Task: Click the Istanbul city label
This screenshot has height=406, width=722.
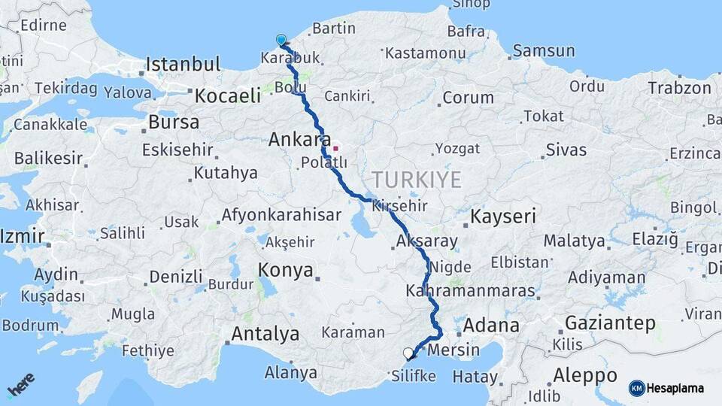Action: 183,65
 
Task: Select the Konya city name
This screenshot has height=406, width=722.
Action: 286,271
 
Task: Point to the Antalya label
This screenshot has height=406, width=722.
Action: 265,334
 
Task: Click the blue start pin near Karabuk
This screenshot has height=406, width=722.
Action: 281,40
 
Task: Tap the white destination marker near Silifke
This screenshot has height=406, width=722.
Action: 408,353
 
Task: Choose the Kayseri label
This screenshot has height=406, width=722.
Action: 503,217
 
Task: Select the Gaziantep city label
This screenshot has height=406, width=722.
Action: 610,324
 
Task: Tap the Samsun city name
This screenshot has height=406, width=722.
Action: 544,51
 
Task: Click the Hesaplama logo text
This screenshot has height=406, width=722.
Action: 677,388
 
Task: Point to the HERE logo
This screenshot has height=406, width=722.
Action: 20,385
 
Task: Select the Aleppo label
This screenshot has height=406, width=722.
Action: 585,375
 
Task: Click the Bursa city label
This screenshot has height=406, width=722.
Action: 174,122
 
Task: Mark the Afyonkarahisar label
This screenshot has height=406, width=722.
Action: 281,216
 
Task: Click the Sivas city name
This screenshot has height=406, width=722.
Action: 566,150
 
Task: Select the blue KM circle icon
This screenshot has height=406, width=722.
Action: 636,388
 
